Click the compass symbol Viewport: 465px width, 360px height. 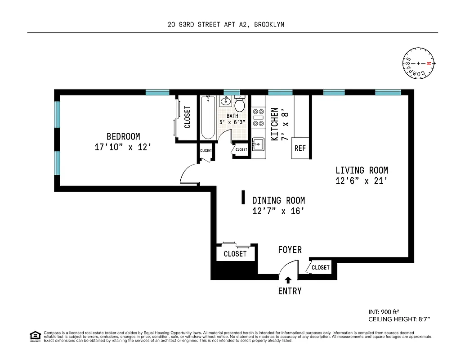418,63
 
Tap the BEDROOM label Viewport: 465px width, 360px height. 123,136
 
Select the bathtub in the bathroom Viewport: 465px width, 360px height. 208,118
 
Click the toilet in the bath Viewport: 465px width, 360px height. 239,104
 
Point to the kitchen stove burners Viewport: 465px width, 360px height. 258,117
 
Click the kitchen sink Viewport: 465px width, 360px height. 258,144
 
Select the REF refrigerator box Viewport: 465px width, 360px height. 300,148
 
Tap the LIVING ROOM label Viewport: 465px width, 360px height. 362,171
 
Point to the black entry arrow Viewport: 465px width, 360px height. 288,280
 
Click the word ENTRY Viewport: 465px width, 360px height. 290,291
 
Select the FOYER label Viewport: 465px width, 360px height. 290,250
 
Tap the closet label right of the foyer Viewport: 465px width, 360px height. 321,267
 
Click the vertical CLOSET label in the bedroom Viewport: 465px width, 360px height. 188,117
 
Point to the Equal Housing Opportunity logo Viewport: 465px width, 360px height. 35,336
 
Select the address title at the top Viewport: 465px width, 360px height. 226,25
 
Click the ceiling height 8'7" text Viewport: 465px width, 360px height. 399,319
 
